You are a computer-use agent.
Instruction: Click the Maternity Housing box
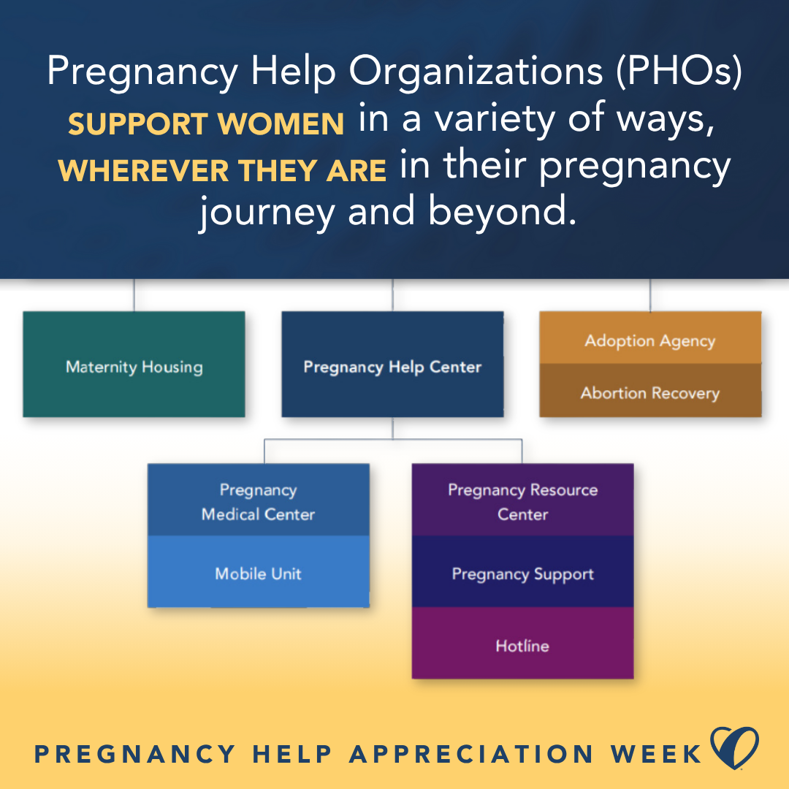click(x=134, y=364)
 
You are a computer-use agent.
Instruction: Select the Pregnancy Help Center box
click(x=392, y=364)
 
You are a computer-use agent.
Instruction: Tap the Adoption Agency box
click(x=650, y=338)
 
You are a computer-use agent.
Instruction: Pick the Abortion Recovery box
click(x=650, y=390)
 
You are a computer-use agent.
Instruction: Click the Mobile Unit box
click(x=258, y=571)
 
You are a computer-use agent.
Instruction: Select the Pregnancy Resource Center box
click(x=523, y=500)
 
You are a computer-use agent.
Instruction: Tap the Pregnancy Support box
click(x=523, y=571)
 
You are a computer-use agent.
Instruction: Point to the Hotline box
click(x=523, y=643)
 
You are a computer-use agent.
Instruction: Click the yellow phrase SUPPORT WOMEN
click(x=206, y=123)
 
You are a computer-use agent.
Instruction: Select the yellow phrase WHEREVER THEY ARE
click(x=222, y=170)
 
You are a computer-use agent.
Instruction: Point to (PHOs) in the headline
click(x=679, y=71)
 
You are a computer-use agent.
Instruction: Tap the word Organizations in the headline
click(x=476, y=71)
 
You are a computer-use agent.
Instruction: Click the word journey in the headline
click(x=267, y=213)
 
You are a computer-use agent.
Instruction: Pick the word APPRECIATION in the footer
click(x=471, y=754)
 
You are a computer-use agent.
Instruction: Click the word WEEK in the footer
click(x=655, y=754)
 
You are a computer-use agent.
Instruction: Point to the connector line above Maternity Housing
click(x=134, y=295)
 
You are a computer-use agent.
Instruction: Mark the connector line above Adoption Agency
click(x=650, y=295)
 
